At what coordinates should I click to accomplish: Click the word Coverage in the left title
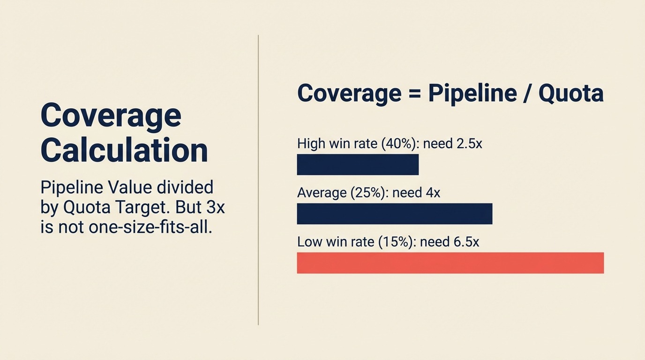click(x=111, y=115)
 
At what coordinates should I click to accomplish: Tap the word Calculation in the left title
click(x=124, y=150)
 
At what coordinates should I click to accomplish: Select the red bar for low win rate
click(x=450, y=262)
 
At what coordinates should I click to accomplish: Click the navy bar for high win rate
click(x=358, y=165)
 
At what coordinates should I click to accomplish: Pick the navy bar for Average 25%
click(x=395, y=214)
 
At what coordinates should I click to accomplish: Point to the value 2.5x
click(x=468, y=143)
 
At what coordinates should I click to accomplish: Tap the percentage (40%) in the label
click(x=398, y=143)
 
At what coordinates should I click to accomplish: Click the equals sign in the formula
click(x=415, y=94)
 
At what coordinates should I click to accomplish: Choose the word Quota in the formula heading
click(x=570, y=94)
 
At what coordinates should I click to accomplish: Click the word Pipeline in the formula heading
click(x=471, y=94)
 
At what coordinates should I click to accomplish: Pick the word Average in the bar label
click(x=320, y=193)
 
